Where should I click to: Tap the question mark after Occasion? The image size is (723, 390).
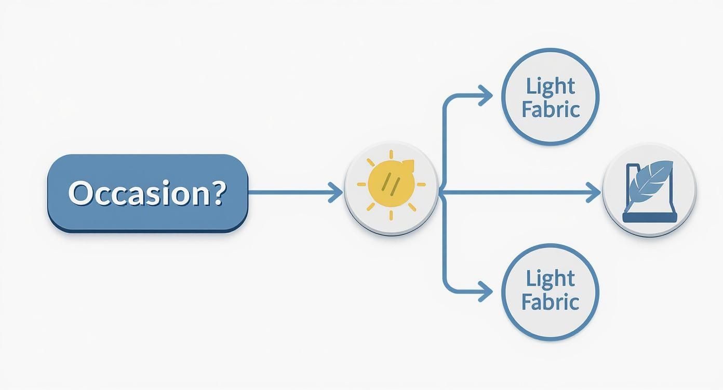coord(220,192)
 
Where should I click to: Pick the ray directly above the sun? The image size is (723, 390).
coord(391,155)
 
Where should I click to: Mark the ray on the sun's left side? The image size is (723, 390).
coord(362,184)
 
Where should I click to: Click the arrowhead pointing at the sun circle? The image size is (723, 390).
coord(335,193)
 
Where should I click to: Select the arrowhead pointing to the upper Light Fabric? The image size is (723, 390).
coord(486,95)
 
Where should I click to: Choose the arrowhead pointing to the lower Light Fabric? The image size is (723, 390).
coord(486,291)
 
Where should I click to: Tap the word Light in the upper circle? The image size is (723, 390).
coord(550,86)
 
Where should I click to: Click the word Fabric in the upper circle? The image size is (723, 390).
coord(550,109)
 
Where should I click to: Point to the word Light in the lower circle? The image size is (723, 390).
coord(550,278)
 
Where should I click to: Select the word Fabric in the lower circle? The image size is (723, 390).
coord(550,301)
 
